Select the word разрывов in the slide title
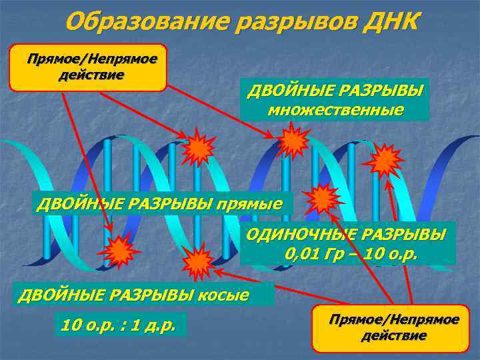[294, 21]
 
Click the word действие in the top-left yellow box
[91, 73]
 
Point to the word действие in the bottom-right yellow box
[394, 335]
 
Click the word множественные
[335, 110]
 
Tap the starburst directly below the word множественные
[292, 141]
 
